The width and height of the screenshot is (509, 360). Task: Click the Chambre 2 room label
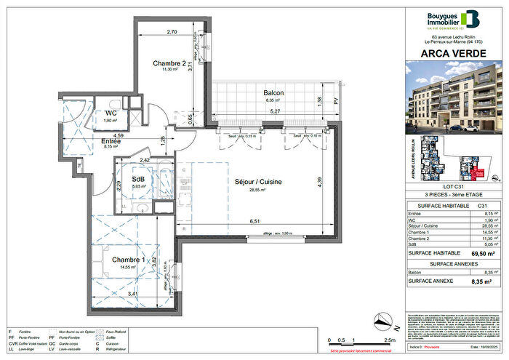click(167, 63)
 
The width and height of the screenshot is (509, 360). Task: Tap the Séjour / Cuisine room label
click(253, 182)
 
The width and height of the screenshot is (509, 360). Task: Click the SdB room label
click(137, 179)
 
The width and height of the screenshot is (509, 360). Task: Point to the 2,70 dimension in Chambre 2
click(172, 32)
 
